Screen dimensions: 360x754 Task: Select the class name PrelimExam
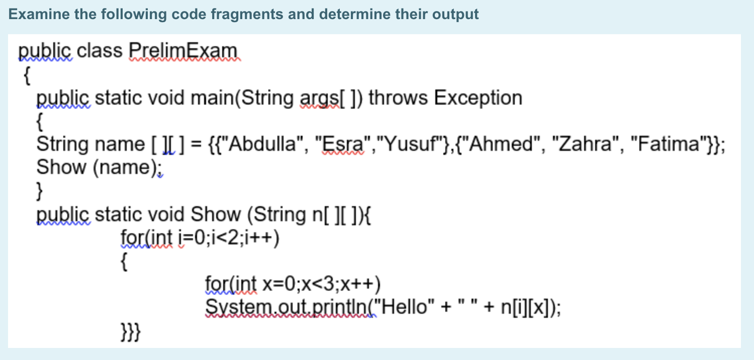(x=183, y=51)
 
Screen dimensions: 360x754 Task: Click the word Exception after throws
(x=478, y=98)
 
